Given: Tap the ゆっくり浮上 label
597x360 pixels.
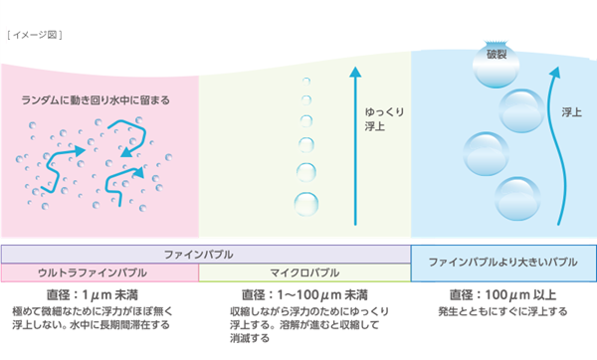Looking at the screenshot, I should [x=383, y=119].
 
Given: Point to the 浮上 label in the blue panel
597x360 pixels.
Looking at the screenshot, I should [x=571, y=112].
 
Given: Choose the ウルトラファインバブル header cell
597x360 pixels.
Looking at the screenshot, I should [x=99, y=271].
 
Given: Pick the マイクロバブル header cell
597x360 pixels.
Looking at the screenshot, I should [x=304, y=271].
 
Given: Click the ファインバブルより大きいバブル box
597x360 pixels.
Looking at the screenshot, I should [x=503, y=263].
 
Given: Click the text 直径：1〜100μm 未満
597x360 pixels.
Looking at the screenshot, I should [x=304, y=295].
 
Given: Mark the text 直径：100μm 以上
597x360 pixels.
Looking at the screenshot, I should [x=502, y=295].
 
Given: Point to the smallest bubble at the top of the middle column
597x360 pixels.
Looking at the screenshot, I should [x=306, y=81].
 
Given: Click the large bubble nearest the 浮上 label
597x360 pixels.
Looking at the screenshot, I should [x=521, y=108].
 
